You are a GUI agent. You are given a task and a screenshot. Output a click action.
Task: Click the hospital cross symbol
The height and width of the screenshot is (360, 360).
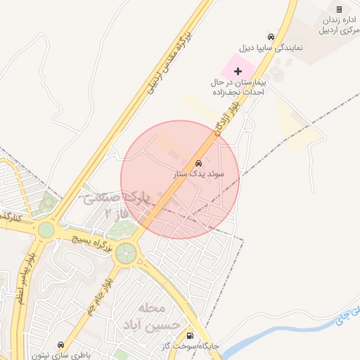pos(238,71)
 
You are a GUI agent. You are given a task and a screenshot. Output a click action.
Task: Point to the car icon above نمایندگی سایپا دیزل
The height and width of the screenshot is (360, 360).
pos(271,37)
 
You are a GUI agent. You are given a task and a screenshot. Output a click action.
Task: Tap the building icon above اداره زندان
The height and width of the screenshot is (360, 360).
pos(340,9)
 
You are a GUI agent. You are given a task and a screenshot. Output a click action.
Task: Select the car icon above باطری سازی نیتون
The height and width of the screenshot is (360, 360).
pos(61,345)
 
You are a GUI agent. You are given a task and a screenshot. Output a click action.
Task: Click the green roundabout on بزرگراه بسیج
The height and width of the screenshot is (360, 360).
pos(127,252)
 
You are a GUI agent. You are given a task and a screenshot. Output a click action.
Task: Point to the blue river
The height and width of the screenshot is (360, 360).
pos(281,337)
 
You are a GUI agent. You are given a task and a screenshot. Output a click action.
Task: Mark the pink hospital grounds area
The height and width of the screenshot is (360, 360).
pos(232,68)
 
